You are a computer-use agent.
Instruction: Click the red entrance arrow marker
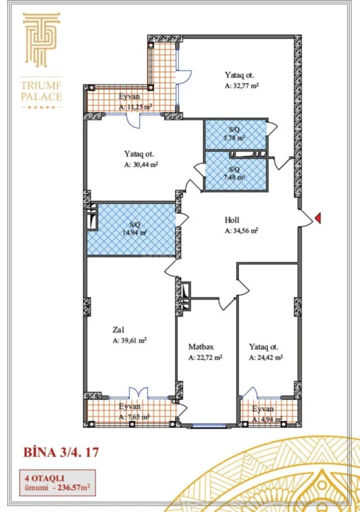coord(318,220)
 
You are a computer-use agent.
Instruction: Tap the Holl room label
coord(232,220)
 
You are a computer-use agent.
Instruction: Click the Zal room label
coord(118,330)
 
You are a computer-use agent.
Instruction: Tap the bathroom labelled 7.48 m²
coord(235,174)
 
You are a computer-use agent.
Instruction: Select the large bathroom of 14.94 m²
coord(134,228)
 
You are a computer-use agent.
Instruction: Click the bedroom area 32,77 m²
coord(241,84)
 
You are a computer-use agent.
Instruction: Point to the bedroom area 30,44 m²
coord(141,164)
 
